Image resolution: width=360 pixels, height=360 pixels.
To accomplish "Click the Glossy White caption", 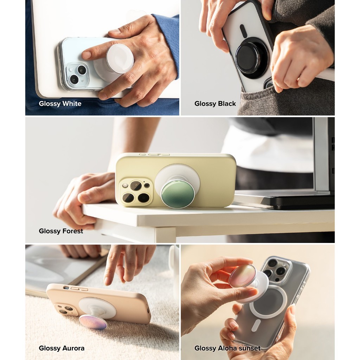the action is coord(60,104).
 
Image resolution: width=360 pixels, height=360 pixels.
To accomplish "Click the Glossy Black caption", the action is coord(215,104).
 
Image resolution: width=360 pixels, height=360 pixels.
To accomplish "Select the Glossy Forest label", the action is coord(61,231).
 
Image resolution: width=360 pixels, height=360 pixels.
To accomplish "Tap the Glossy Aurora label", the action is coord(62,348).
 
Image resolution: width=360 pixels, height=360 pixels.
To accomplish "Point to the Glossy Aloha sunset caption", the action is coord(227,348).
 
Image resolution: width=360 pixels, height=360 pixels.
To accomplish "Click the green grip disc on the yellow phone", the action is coord(175,194).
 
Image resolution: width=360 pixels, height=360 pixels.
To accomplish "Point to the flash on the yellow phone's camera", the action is coord(125,185).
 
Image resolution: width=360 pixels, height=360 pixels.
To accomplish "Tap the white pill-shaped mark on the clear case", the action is coord(256,325).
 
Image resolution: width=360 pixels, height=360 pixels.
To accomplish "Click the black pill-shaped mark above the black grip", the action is coord(243,31).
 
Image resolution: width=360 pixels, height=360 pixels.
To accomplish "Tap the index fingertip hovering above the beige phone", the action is coord(107,281).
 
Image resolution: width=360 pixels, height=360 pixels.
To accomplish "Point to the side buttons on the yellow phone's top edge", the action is coord(154,155).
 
